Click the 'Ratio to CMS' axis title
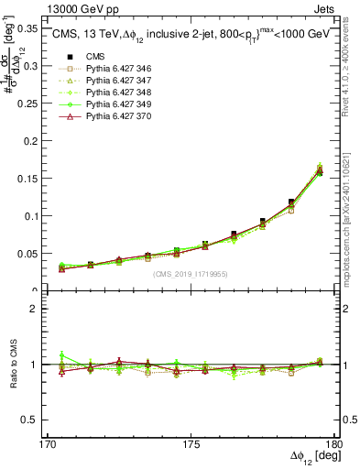(x=12, y=365)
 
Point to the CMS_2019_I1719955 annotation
(x=188, y=272)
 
